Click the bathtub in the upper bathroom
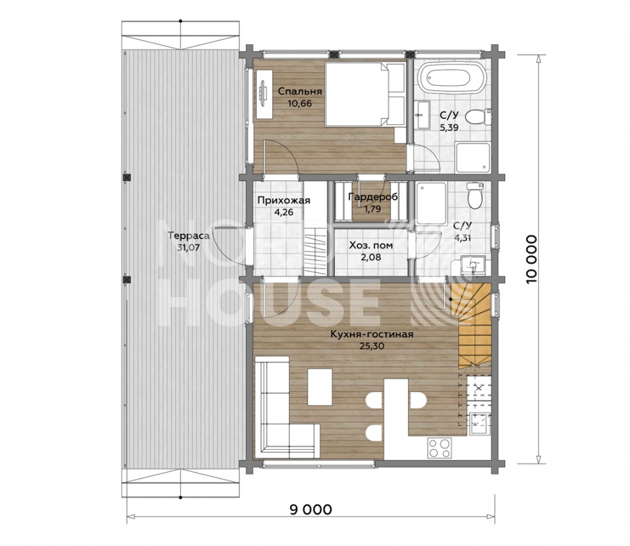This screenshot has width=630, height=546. coord(453,79)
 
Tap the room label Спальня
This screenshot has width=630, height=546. coord(300,91)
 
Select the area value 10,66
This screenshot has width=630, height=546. coord(300,103)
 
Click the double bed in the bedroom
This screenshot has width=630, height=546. coord(365,94)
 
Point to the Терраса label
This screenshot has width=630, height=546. coord(189,236)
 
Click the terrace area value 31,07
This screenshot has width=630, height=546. coord(189,248)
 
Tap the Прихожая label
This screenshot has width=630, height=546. coord(283,200)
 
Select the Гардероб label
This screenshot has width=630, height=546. coord(373,197)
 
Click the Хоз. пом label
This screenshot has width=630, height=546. coord(371,245)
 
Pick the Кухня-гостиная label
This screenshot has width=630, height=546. coord(372,334)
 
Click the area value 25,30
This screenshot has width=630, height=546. coord(372,346)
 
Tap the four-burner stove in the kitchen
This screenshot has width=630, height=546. coord(439,448)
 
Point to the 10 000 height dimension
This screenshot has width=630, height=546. coord(531,259)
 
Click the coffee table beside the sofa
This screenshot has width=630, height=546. coord(320,387)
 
